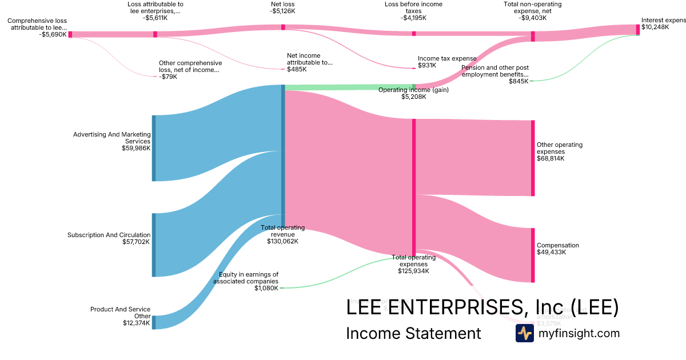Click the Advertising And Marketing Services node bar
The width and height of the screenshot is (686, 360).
pos(153,148)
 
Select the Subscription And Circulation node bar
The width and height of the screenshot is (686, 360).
pos(153,245)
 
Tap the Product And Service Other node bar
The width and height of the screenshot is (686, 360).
pos(153,322)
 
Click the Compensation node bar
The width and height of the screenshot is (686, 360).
pos(533,255)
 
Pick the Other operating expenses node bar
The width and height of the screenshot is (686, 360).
pos(533,158)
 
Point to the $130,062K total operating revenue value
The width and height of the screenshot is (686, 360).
pos(282,241)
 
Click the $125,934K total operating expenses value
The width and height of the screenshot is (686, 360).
pos(413,271)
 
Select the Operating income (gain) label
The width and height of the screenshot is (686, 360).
pos(413,90)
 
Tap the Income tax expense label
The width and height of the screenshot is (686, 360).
pos(439,58)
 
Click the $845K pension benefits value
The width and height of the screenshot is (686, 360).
pos(518,81)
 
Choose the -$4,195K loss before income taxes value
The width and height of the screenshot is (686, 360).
pos(413,18)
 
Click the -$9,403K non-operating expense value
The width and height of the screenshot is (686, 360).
pos(533,18)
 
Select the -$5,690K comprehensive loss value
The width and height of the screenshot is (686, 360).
pos(53,34)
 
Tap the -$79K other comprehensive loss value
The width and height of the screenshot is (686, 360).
pos(169,77)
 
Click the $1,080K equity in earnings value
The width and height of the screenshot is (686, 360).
pos(266,288)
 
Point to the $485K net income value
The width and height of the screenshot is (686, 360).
pos(297,70)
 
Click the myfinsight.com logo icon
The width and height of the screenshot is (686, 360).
pos(524,333)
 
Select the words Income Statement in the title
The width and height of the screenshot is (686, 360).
pos(413,333)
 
